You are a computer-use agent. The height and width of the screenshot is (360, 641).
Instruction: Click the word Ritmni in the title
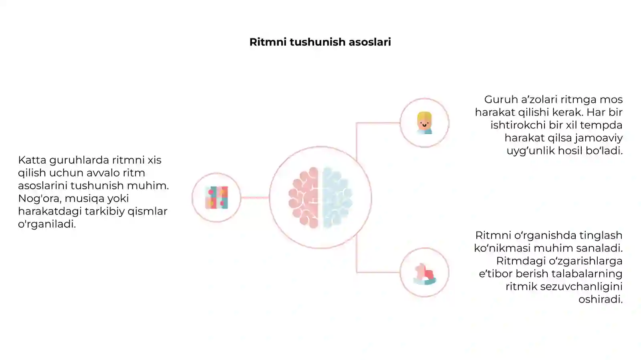coord(268,42)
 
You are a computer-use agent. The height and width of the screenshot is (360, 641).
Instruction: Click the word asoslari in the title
coord(370,42)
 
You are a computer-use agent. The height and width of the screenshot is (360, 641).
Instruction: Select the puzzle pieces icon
coord(217,198)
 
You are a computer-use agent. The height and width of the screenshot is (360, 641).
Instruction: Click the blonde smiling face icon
coord(424,123)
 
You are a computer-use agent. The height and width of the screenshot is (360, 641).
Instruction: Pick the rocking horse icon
coord(425,274)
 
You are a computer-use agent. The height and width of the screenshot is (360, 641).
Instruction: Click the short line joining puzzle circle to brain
coord(255,198)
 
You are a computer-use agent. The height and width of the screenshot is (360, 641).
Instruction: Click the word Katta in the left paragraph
coord(32,160)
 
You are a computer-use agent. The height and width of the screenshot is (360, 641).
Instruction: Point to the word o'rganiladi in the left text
coord(47,224)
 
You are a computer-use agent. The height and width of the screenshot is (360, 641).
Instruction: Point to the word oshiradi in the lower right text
coord(601,300)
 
